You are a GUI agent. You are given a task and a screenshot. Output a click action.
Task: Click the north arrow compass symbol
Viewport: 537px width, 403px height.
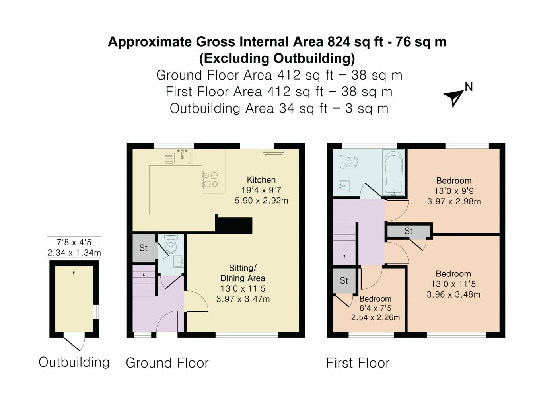pos(454,97)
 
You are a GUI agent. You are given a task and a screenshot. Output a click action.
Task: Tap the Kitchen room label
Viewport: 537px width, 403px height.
pos(261,180)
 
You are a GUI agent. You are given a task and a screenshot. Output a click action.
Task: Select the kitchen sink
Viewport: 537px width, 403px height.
pos(183,156)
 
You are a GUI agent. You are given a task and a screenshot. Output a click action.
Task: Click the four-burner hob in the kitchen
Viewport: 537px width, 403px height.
pos(210,179)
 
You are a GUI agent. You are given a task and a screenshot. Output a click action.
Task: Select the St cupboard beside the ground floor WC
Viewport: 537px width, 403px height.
pos(144,248)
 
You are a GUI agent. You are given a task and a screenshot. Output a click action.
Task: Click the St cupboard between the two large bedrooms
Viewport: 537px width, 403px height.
pos(409,231)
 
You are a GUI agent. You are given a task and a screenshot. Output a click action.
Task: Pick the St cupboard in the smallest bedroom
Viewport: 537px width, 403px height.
pos(344,280)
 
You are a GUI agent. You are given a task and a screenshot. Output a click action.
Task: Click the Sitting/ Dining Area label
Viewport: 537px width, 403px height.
pos(243,273)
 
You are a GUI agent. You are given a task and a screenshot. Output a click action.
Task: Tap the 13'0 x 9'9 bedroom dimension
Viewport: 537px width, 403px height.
pos(454,191)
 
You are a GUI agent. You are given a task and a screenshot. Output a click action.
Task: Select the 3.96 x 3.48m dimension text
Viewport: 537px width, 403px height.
pos(453,295)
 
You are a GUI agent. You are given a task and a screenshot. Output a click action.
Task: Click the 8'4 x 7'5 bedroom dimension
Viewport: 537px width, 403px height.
pos(375,308)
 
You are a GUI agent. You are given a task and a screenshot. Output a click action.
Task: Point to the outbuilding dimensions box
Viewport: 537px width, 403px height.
pos(74,247)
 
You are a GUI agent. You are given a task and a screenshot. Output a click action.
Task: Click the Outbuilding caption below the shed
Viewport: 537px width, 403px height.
pos(74,362)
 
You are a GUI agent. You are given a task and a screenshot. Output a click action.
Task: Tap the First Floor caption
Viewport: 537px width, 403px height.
pos(358,363)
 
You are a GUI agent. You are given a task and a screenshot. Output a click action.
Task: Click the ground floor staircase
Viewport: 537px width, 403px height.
pos(144,281)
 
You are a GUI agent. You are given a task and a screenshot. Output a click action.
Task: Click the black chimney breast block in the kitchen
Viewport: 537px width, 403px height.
pos(234,225)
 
